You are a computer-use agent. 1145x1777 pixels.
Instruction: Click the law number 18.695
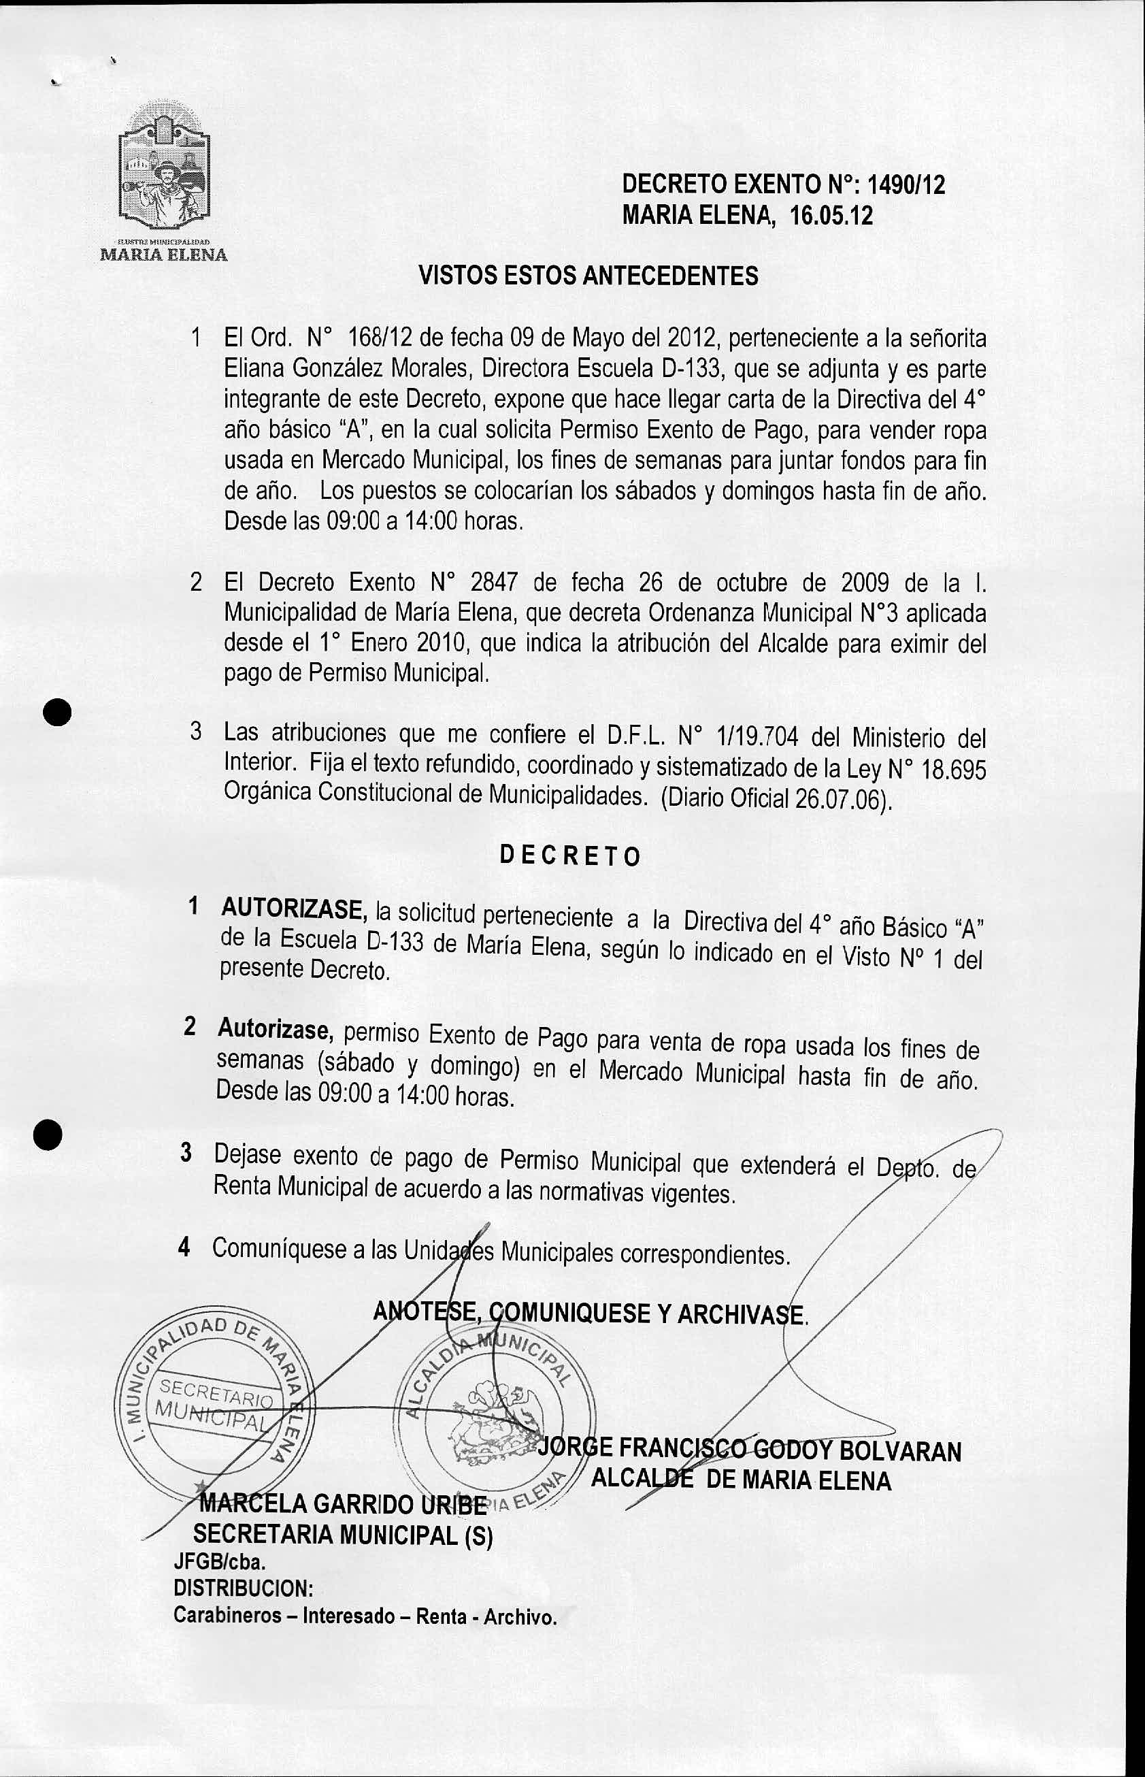pos(953,770)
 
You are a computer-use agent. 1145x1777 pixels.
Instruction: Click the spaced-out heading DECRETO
pos(569,856)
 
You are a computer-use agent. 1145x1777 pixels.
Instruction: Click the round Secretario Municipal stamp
pos(208,1405)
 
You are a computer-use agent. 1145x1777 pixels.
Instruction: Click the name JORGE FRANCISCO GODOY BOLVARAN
pos(750,1450)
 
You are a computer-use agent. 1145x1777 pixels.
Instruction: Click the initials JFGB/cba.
pos(219,1563)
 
